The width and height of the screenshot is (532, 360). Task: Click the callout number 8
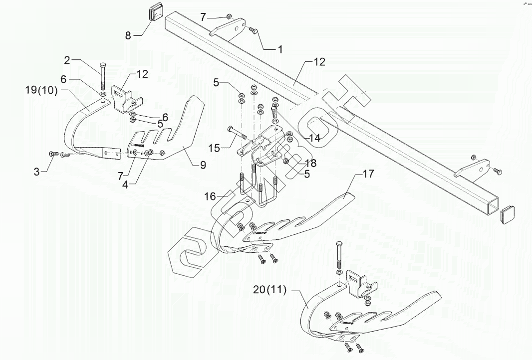tap(128, 35)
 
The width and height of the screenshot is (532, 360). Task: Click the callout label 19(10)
tap(41, 90)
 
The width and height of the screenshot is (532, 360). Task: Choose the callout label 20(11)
tap(269, 291)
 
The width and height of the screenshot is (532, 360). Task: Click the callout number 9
tap(203, 166)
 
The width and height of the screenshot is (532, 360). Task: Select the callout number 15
tap(215, 148)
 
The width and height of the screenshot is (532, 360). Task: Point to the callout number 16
tap(210, 196)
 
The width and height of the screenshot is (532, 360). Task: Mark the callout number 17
tap(368, 174)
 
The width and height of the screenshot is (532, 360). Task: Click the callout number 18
tap(310, 163)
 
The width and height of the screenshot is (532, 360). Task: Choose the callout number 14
tap(314, 138)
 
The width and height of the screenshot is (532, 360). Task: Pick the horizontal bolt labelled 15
tap(235, 132)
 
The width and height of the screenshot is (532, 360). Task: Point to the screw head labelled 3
tap(52, 154)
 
